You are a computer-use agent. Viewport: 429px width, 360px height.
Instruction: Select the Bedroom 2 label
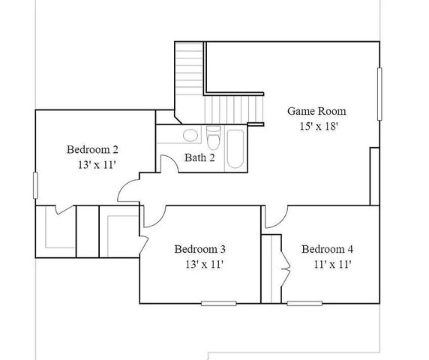coord(92,148)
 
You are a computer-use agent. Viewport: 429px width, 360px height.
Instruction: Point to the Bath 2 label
coord(199,157)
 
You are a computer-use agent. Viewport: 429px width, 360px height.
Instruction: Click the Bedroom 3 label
coord(200,249)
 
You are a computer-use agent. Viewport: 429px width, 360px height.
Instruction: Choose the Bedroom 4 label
coord(327,249)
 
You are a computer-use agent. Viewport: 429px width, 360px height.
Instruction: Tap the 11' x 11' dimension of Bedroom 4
coord(332,264)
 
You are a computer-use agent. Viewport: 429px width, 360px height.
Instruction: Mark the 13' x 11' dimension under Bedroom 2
coord(96,164)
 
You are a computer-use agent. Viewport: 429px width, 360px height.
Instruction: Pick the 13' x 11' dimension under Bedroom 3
coord(204,264)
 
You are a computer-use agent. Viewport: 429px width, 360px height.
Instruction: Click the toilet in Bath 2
coord(213,140)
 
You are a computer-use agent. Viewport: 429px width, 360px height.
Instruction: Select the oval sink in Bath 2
coord(190,136)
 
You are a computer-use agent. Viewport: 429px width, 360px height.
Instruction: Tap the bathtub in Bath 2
coord(234,148)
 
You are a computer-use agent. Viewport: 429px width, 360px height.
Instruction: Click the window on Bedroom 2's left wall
coord(35,185)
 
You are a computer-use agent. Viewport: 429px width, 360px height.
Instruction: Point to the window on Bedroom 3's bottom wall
coord(217,303)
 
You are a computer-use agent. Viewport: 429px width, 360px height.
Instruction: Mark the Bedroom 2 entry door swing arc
coord(129,189)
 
